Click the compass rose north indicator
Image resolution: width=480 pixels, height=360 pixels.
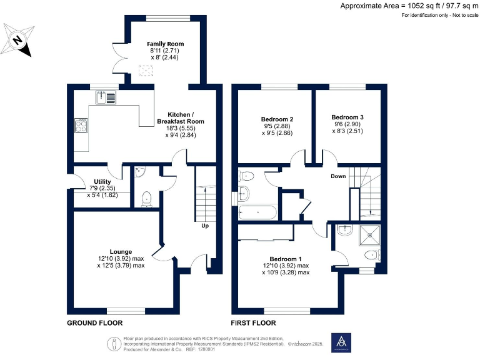coord(18,41)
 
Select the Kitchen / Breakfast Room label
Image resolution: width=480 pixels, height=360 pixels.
coord(180,117)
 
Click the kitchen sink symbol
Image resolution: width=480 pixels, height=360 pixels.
coord(106,97)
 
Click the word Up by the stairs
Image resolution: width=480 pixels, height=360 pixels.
coord(204,226)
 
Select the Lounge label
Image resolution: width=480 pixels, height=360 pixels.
coord(121,251)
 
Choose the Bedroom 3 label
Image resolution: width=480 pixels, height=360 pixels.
coord(347,117)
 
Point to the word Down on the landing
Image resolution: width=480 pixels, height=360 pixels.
coord(338,176)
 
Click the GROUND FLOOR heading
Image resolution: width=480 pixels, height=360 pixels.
coord(94,323)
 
